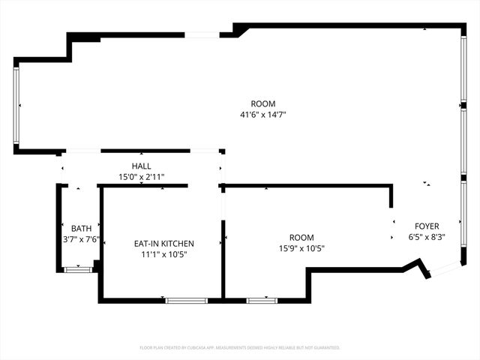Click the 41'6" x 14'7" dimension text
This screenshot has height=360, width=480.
[263, 115]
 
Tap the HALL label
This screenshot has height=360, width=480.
[142, 166]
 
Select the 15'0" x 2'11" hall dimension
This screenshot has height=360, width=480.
[142, 177]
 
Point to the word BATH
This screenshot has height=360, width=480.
[81, 228]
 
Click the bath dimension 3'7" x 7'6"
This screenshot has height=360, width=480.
[81, 239]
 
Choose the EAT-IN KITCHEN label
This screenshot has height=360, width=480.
[163, 244]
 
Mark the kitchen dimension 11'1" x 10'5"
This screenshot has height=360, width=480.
[163, 254]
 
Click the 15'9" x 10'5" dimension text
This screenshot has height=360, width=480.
[301, 248]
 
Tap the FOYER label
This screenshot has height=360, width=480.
[427, 226]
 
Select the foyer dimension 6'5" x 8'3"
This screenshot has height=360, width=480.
[427, 237]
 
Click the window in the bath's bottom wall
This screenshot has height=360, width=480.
[78, 269]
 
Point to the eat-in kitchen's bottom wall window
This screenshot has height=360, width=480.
[186, 300]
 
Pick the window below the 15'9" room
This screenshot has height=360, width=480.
[262, 300]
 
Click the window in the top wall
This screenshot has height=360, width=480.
[202, 34]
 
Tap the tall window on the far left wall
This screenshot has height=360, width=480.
[16, 106]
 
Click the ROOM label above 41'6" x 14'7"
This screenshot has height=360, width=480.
[263, 103]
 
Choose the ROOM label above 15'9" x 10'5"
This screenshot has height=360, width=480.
[301, 237]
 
